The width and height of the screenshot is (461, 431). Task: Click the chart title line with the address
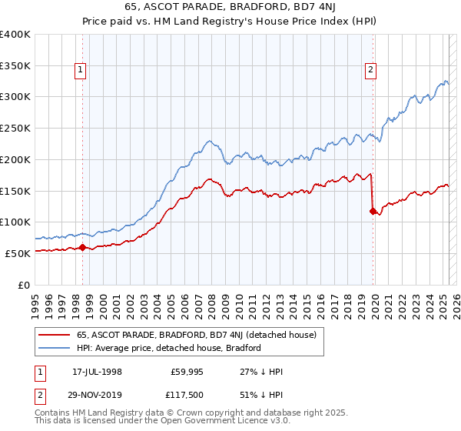click(230, 7)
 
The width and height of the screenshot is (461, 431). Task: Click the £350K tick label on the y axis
click(15, 65)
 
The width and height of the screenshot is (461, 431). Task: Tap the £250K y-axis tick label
click(15, 128)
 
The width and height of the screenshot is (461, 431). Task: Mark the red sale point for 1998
click(82, 247)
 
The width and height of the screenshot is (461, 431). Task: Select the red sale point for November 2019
click(373, 211)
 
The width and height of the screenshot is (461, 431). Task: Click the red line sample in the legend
click(55, 335)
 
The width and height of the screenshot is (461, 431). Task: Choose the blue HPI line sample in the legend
click(55, 348)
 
